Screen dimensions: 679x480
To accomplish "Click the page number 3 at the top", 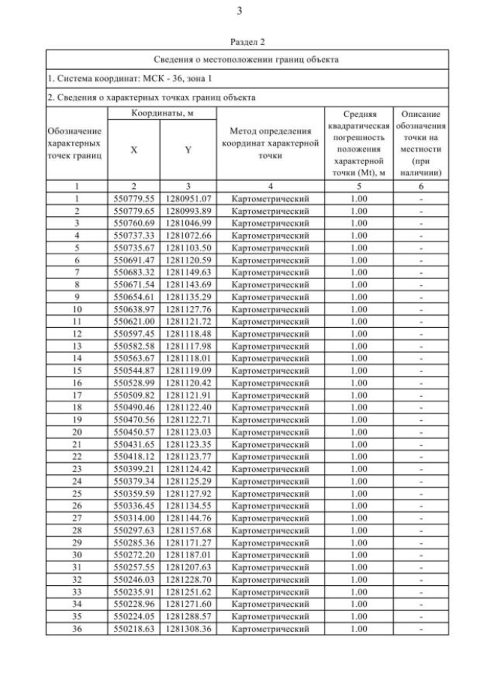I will pyautogui.click(x=239, y=11).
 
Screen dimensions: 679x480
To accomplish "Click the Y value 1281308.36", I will pyautogui.click(x=188, y=629).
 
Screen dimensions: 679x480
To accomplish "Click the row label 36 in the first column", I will pyautogui.click(x=76, y=629).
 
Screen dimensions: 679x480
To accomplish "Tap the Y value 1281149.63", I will pyautogui.click(x=188, y=272).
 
